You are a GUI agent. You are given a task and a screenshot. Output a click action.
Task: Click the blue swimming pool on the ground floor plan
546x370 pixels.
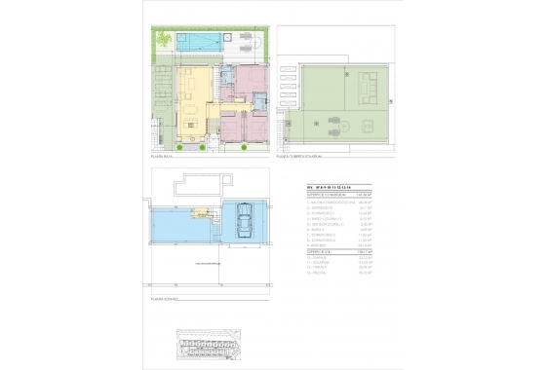click(200, 42)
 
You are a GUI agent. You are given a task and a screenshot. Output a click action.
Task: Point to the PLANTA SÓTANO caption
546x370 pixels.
click(164, 288)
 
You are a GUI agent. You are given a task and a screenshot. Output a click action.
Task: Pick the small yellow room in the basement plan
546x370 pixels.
click(200, 211)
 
